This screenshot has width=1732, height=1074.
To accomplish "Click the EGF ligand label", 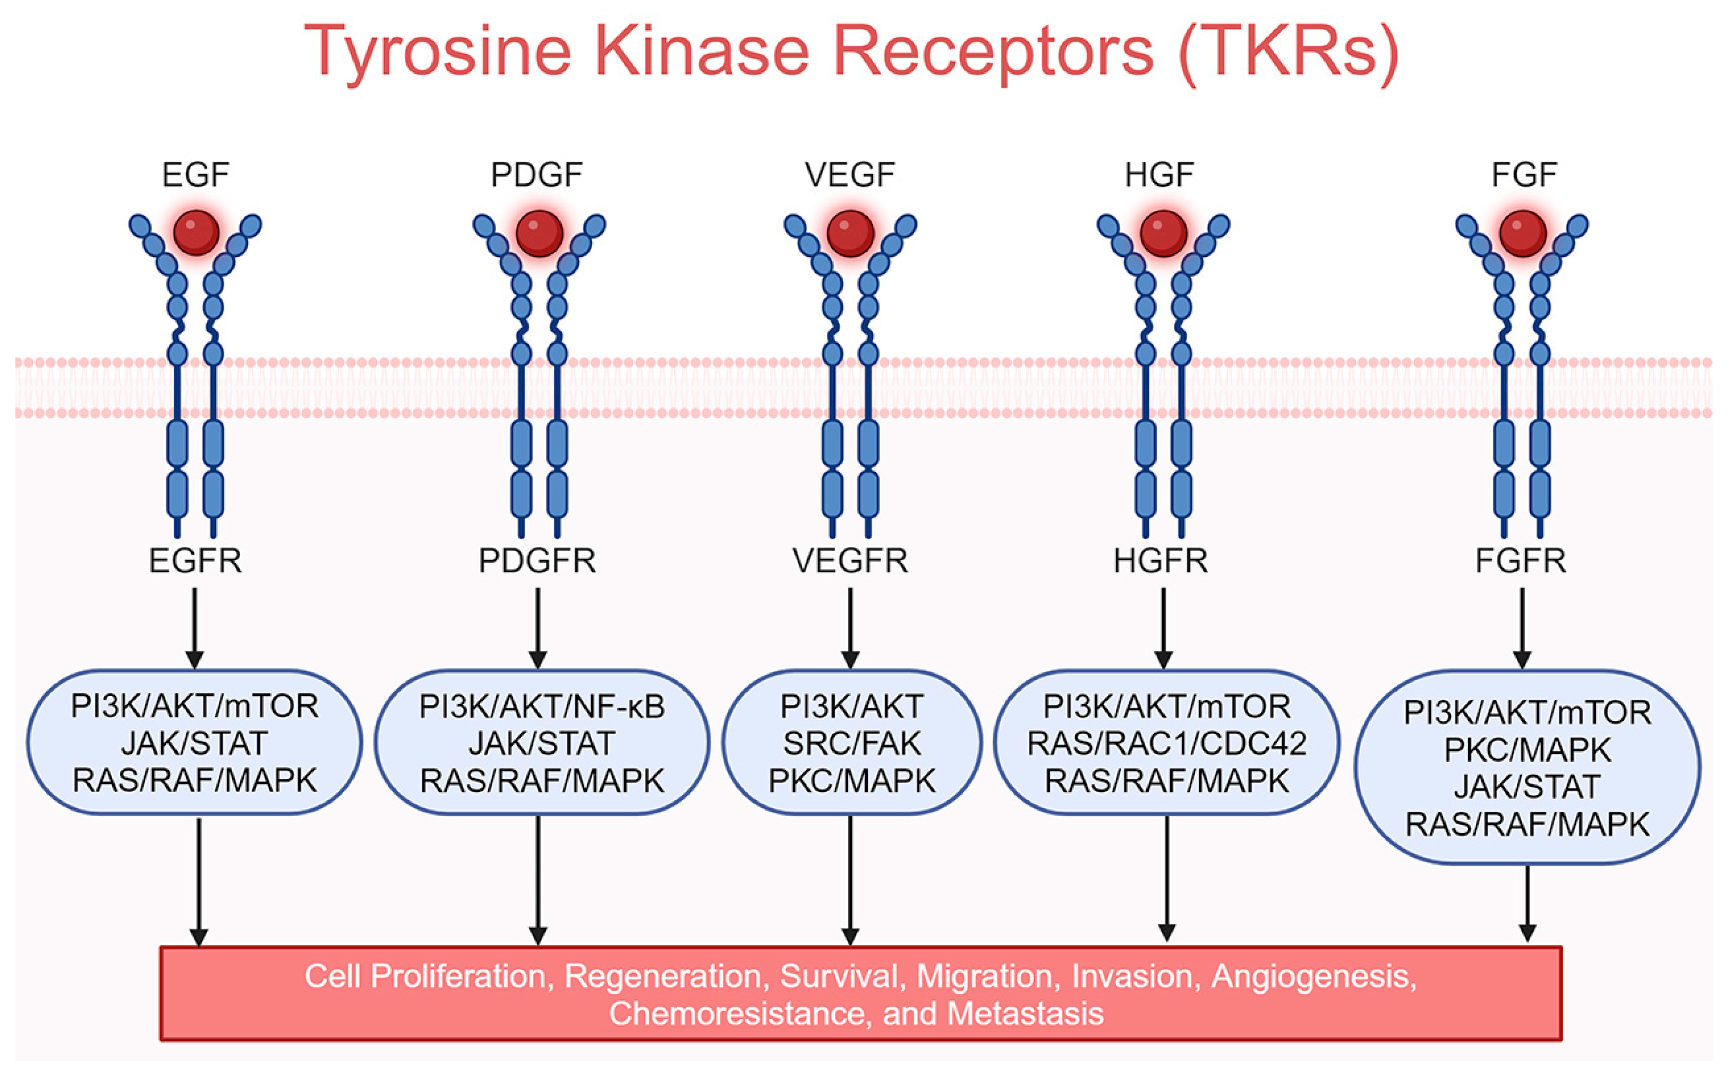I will pyautogui.click(x=195, y=175).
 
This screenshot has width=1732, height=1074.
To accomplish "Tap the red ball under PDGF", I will pyautogui.click(x=539, y=233).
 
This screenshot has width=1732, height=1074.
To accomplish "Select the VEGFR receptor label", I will pyautogui.click(x=850, y=561).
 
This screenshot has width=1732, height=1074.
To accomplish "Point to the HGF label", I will pyautogui.click(x=1159, y=175).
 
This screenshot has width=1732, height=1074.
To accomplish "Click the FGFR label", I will pyautogui.click(x=1520, y=561).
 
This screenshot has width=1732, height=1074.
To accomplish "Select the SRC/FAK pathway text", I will pyautogui.click(x=852, y=744).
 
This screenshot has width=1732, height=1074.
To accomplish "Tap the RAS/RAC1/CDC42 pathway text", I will pyautogui.click(x=1166, y=744).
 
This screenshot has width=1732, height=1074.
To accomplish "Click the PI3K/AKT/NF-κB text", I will pyautogui.click(x=541, y=707).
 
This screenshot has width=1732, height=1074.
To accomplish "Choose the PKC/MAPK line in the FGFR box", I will pyautogui.click(x=1528, y=750).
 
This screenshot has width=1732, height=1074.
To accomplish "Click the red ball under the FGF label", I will pyautogui.click(x=1522, y=233).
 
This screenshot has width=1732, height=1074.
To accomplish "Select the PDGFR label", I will pyautogui.click(x=537, y=561).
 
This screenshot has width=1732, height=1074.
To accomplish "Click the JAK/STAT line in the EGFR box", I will pyautogui.click(x=194, y=744).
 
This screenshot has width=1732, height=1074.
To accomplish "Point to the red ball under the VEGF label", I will pyautogui.click(x=850, y=233).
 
